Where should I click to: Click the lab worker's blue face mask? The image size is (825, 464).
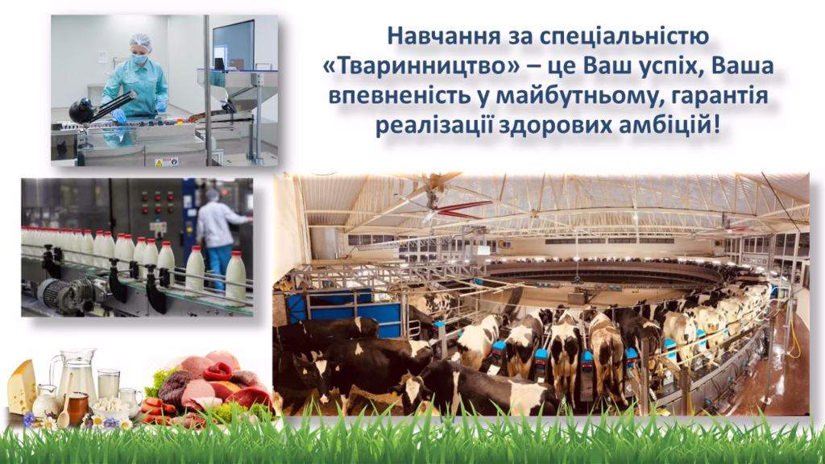pos(139,59)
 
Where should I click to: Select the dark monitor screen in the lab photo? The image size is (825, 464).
pos(233,45)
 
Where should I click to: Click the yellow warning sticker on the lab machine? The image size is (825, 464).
pos(159,163)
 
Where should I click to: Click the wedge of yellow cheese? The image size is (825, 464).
pos(22,387)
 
